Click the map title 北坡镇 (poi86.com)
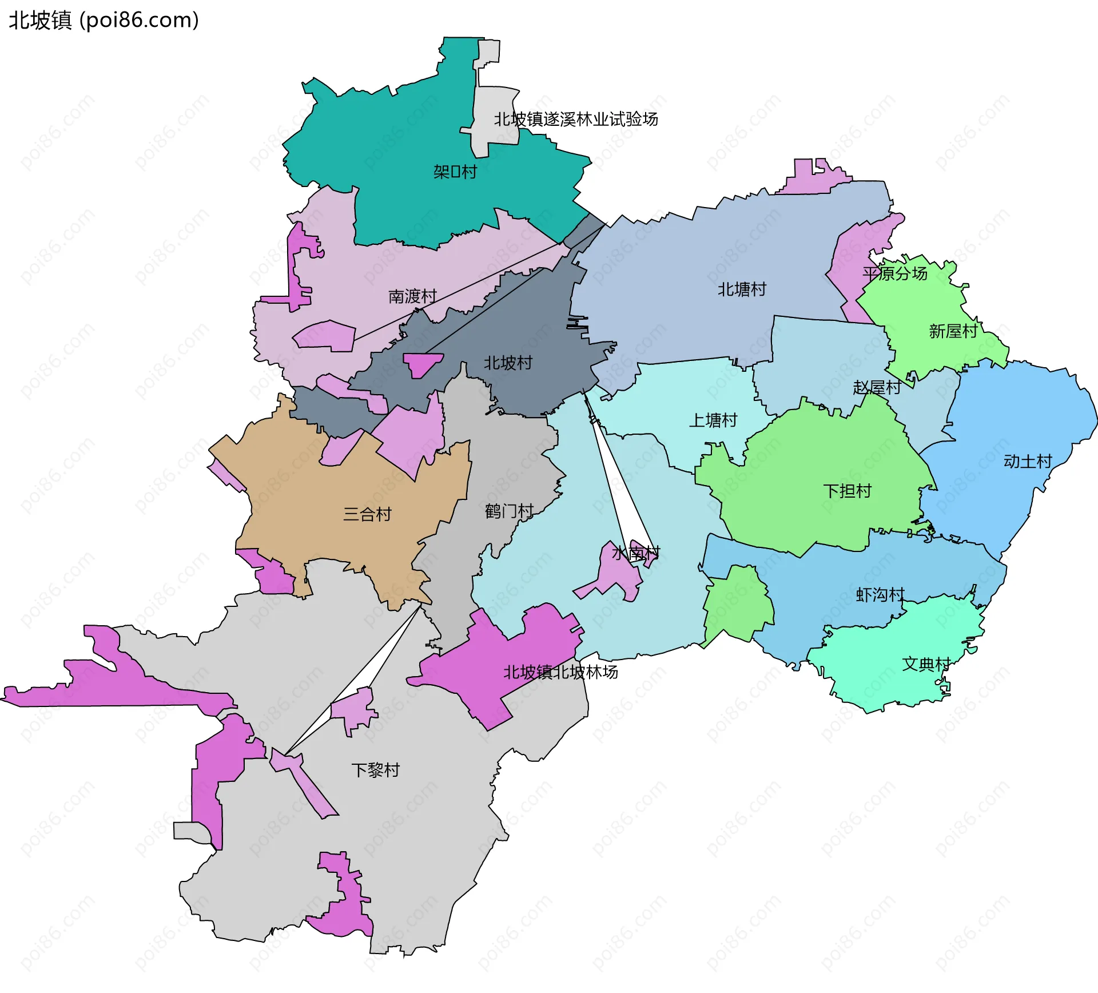104,21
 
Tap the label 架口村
455,172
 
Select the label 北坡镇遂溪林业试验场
576,120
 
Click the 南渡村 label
412,296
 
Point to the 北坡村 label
508,363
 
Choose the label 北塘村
742,289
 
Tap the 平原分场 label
895,273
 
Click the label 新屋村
953,331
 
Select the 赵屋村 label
877,388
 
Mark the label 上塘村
713,420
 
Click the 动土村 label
1028,462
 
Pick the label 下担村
847,491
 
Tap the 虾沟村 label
880,595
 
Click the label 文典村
926,664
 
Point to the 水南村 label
636,553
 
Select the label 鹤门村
509,511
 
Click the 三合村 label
367,514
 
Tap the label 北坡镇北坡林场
560,672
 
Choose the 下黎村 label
376,770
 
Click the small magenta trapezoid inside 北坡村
422,364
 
